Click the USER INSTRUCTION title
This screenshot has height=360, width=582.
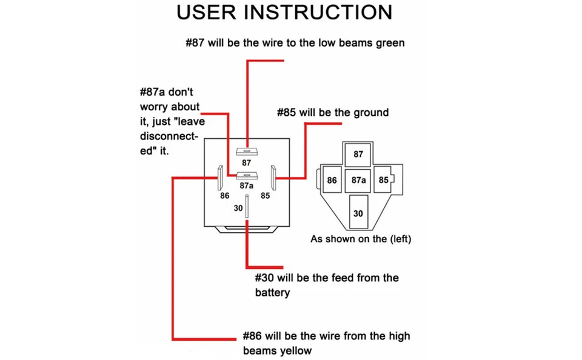coord(284,13)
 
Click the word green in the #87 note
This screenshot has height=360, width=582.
coord(389,43)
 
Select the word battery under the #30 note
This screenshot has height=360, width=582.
coord(272,293)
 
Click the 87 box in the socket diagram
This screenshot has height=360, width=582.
coord(358,155)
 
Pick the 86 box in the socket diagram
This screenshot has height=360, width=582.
coord(332,181)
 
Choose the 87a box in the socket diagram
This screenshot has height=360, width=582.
coord(358,181)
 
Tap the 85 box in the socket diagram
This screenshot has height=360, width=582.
coord(384,181)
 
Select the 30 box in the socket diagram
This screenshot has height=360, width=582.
coord(358,213)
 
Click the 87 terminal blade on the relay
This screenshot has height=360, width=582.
coord(247,151)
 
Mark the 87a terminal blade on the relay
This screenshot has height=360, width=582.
coord(247,176)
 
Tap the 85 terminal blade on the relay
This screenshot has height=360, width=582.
coord(273,178)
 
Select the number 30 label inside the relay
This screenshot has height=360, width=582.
coord(238,208)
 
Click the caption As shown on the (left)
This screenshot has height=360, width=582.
coord(361,239)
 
